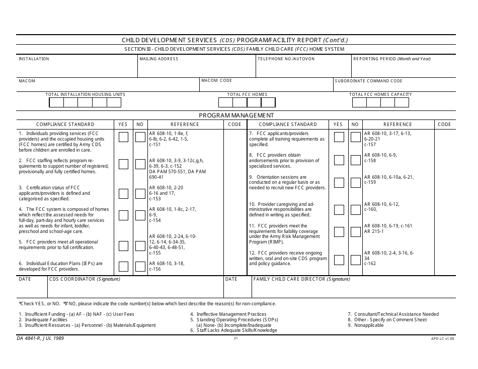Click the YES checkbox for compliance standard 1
(x=123, y=137)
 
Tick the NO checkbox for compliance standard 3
(x=140, y=194)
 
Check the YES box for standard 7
(x=339, y=137)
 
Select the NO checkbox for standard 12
(x=355, y=260)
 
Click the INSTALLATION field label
(x=34, y=59)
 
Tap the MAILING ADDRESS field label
(x=159, y=59)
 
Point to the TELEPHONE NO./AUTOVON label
(x=286, y=59)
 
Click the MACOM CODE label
(x=217, y=80)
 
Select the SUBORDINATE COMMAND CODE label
(x=369, y=81)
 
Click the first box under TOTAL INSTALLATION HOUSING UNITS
(x=56, y=102)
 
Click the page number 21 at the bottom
(x=235, y=338)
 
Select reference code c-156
(x=155, y=269)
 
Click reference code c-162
(x=370, y=264)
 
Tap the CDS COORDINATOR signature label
(x=84, y=279)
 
